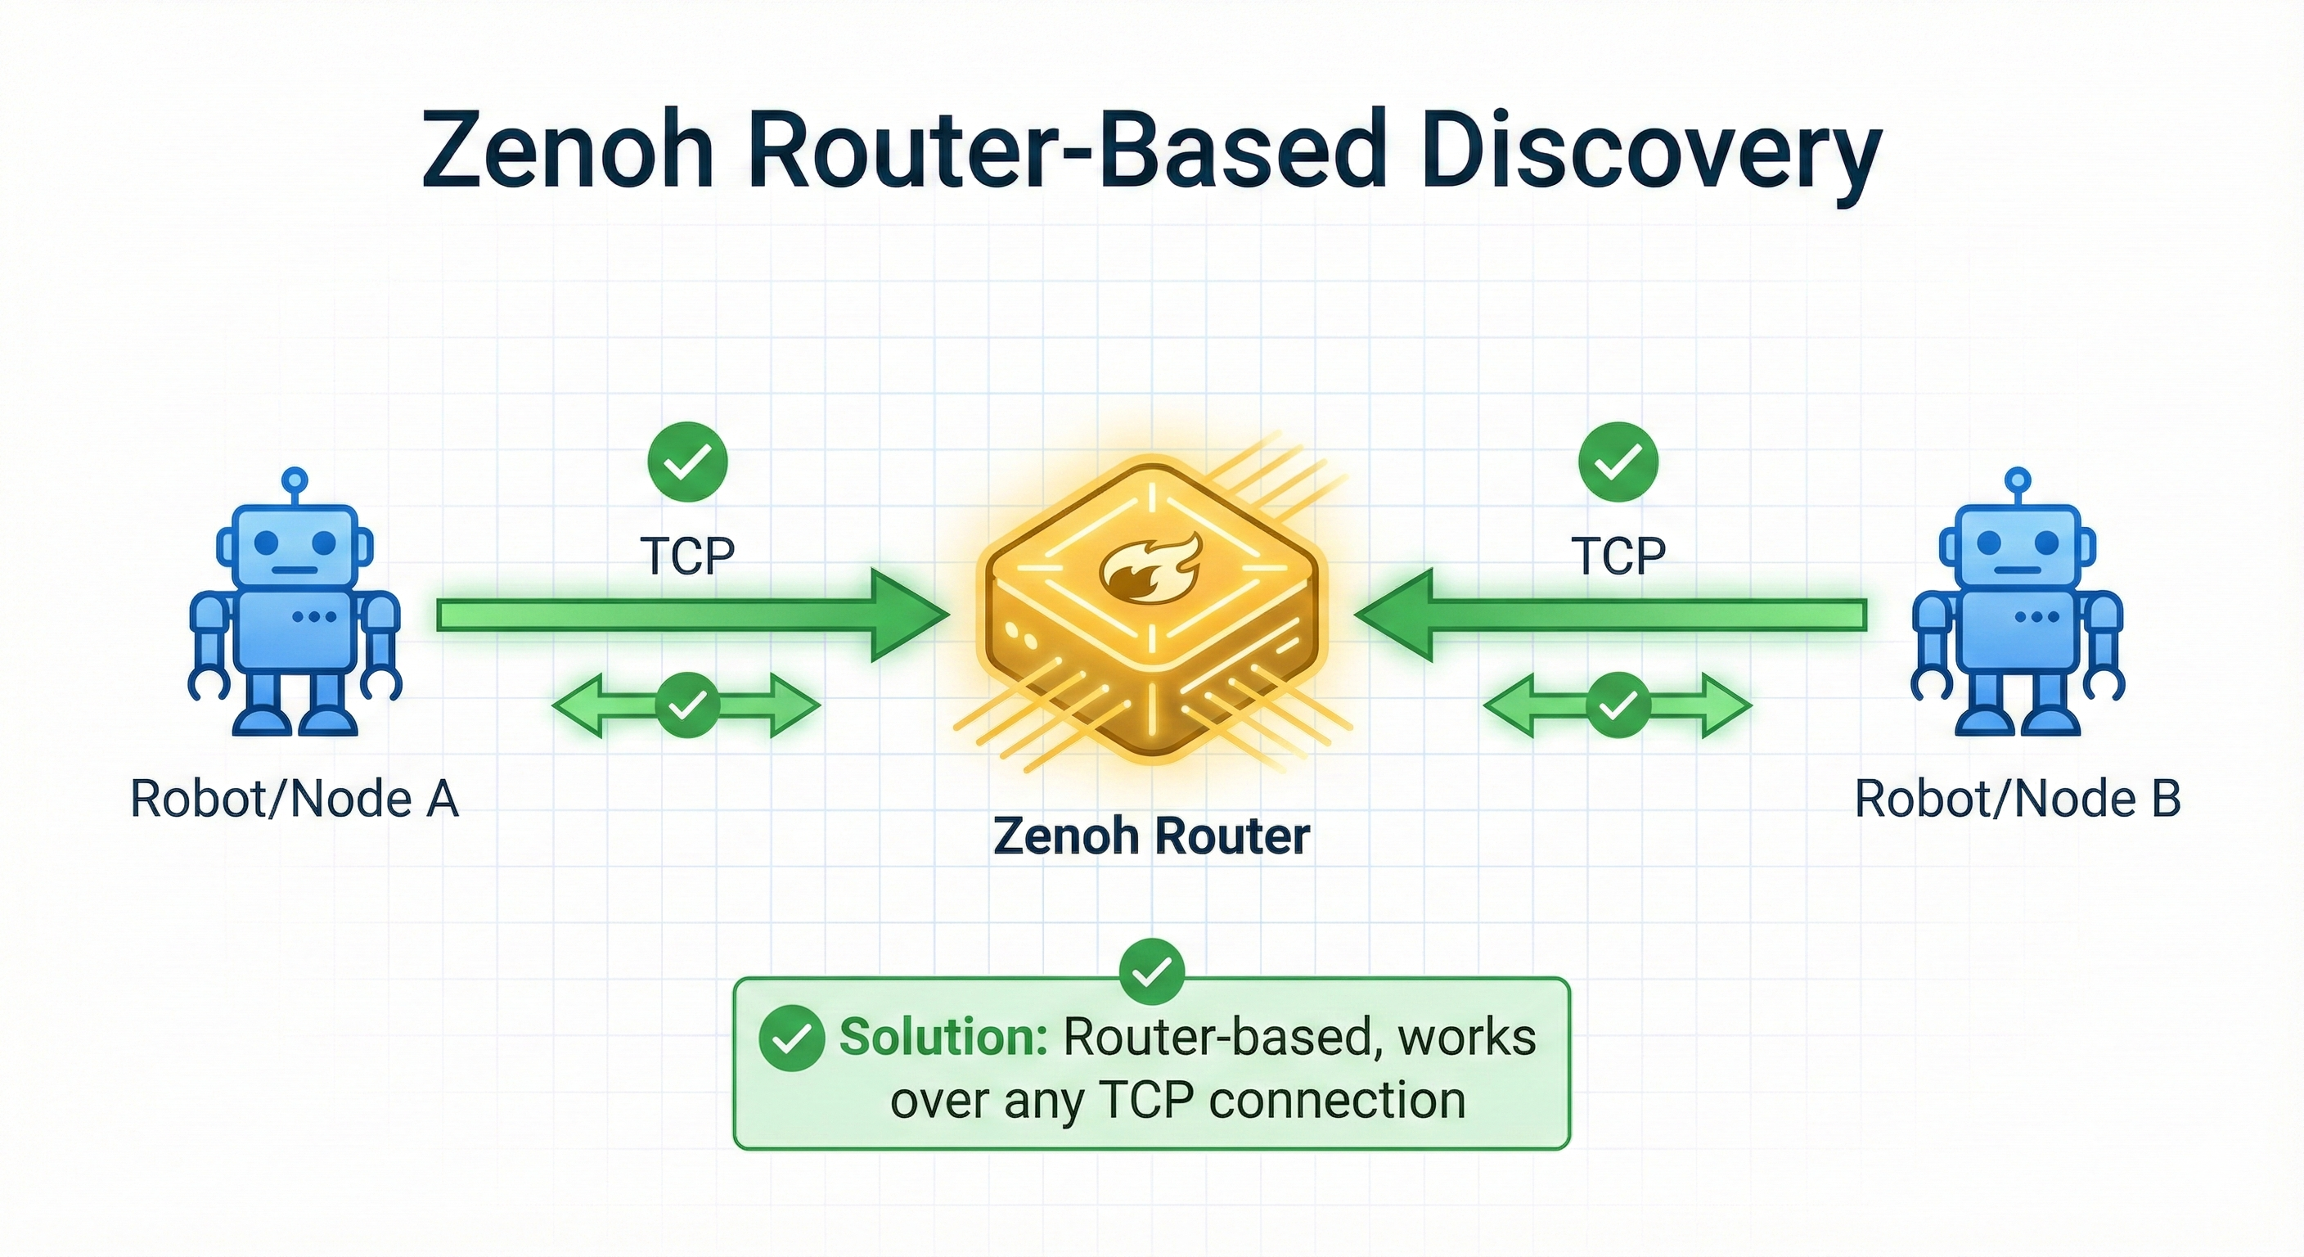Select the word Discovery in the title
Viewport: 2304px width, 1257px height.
[x=1650, y=152]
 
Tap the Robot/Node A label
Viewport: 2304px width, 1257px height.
[x=295, y=799]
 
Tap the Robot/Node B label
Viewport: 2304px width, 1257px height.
[x=2017, y=799]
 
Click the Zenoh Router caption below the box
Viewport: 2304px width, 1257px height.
[x=1151, y=837]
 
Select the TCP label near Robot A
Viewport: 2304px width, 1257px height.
[x=687, y=556]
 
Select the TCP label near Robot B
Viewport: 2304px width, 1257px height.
[x=1618, y=556]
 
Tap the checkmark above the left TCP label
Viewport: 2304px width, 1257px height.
[x=687, y=462]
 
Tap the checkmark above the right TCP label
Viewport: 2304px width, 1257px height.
[x=1618, y=462]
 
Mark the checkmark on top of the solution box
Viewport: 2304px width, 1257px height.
[x=1152, y=971]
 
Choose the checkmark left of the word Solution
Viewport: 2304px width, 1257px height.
[x=791, y=1038]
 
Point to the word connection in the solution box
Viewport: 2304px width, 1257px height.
[x=1337, y=1101]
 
